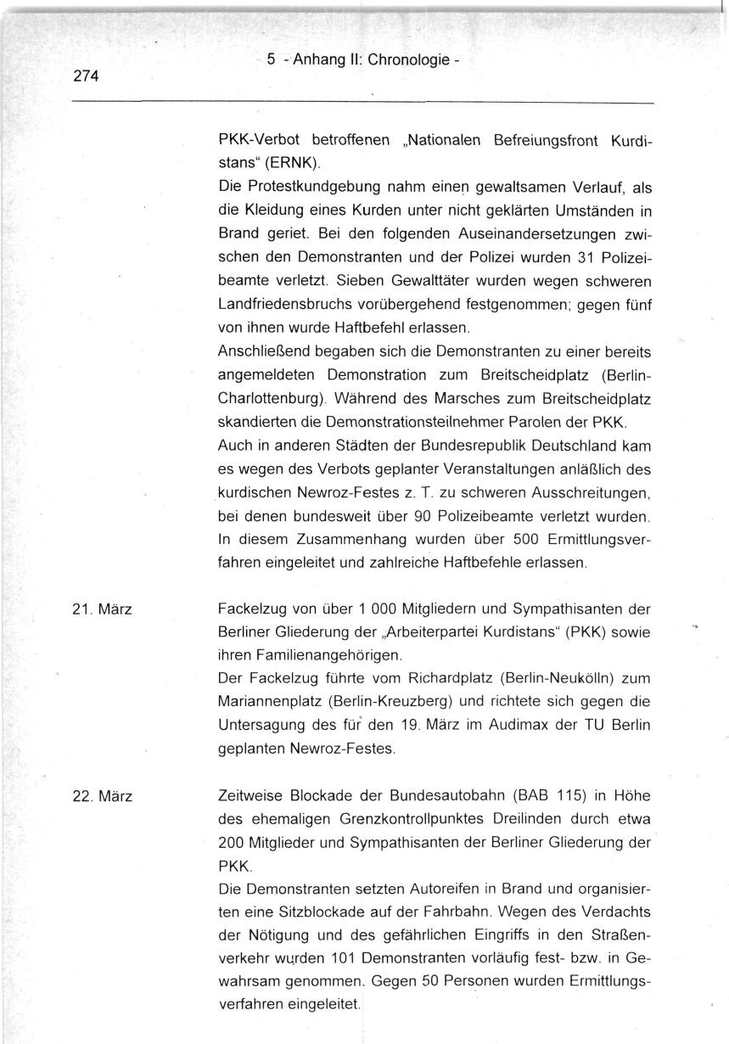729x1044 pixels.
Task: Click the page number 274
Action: pos(86,76)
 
